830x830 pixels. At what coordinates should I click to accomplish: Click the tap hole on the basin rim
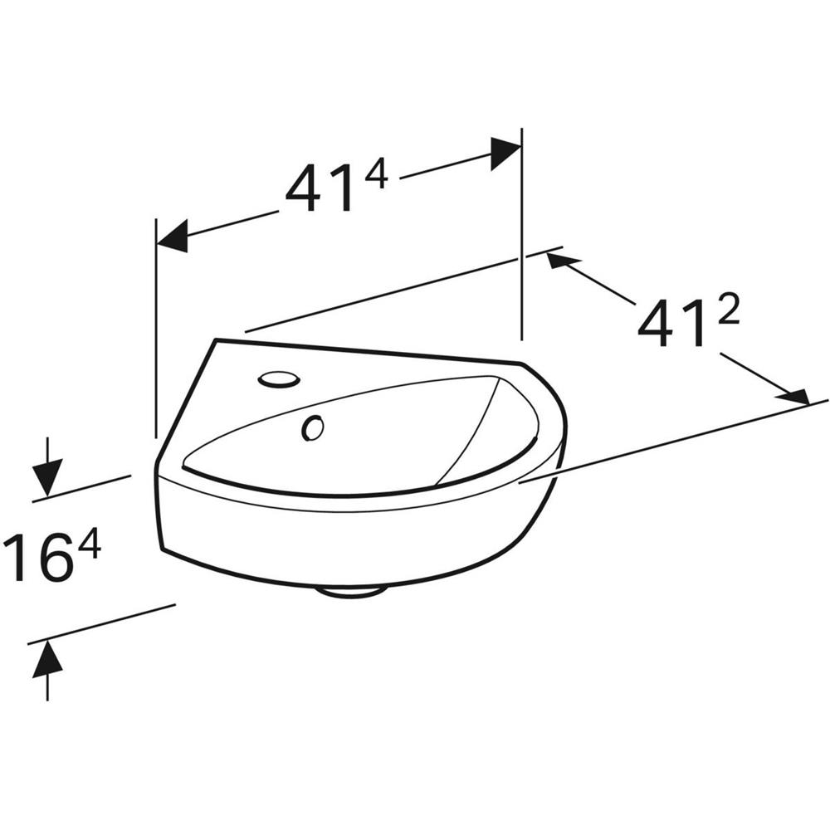point(279,379)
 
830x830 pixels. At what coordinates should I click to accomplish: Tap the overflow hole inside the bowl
point(313,427)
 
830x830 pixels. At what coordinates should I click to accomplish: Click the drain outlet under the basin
point(349,592)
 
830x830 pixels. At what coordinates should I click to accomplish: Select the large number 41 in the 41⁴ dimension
point(320,188)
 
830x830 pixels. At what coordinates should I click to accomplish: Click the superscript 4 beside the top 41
point(376,175)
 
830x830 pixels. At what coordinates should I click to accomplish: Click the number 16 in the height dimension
point(40,558)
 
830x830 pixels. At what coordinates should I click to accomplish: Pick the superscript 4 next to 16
point(89,544)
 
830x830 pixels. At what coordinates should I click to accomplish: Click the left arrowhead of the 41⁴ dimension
point(172,236)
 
